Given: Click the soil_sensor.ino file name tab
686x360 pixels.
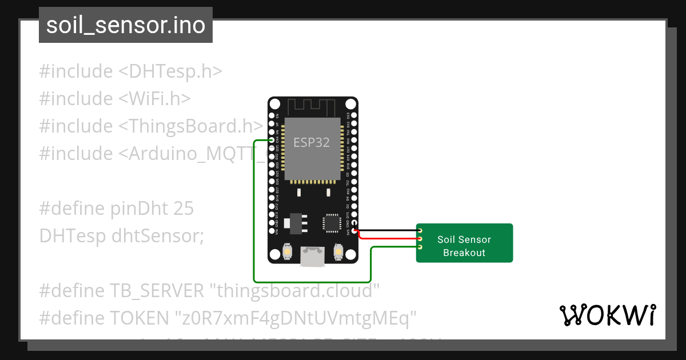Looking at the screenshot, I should [126, 25].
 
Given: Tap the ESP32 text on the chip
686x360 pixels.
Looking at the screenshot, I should [312, 143].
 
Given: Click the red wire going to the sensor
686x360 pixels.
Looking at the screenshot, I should [389, 237].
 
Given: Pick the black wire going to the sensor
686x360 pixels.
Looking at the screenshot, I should [389, 230].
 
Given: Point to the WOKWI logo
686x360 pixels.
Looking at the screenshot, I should [608, 315].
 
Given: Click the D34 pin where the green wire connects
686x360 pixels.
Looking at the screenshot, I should [272, 140].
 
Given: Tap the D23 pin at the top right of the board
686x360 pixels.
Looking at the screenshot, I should [354, 115].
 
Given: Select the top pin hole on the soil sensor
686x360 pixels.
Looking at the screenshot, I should [420, 230].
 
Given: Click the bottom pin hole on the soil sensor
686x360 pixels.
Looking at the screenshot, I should [420, 247].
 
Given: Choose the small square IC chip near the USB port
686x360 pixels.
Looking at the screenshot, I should [332, 223].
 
